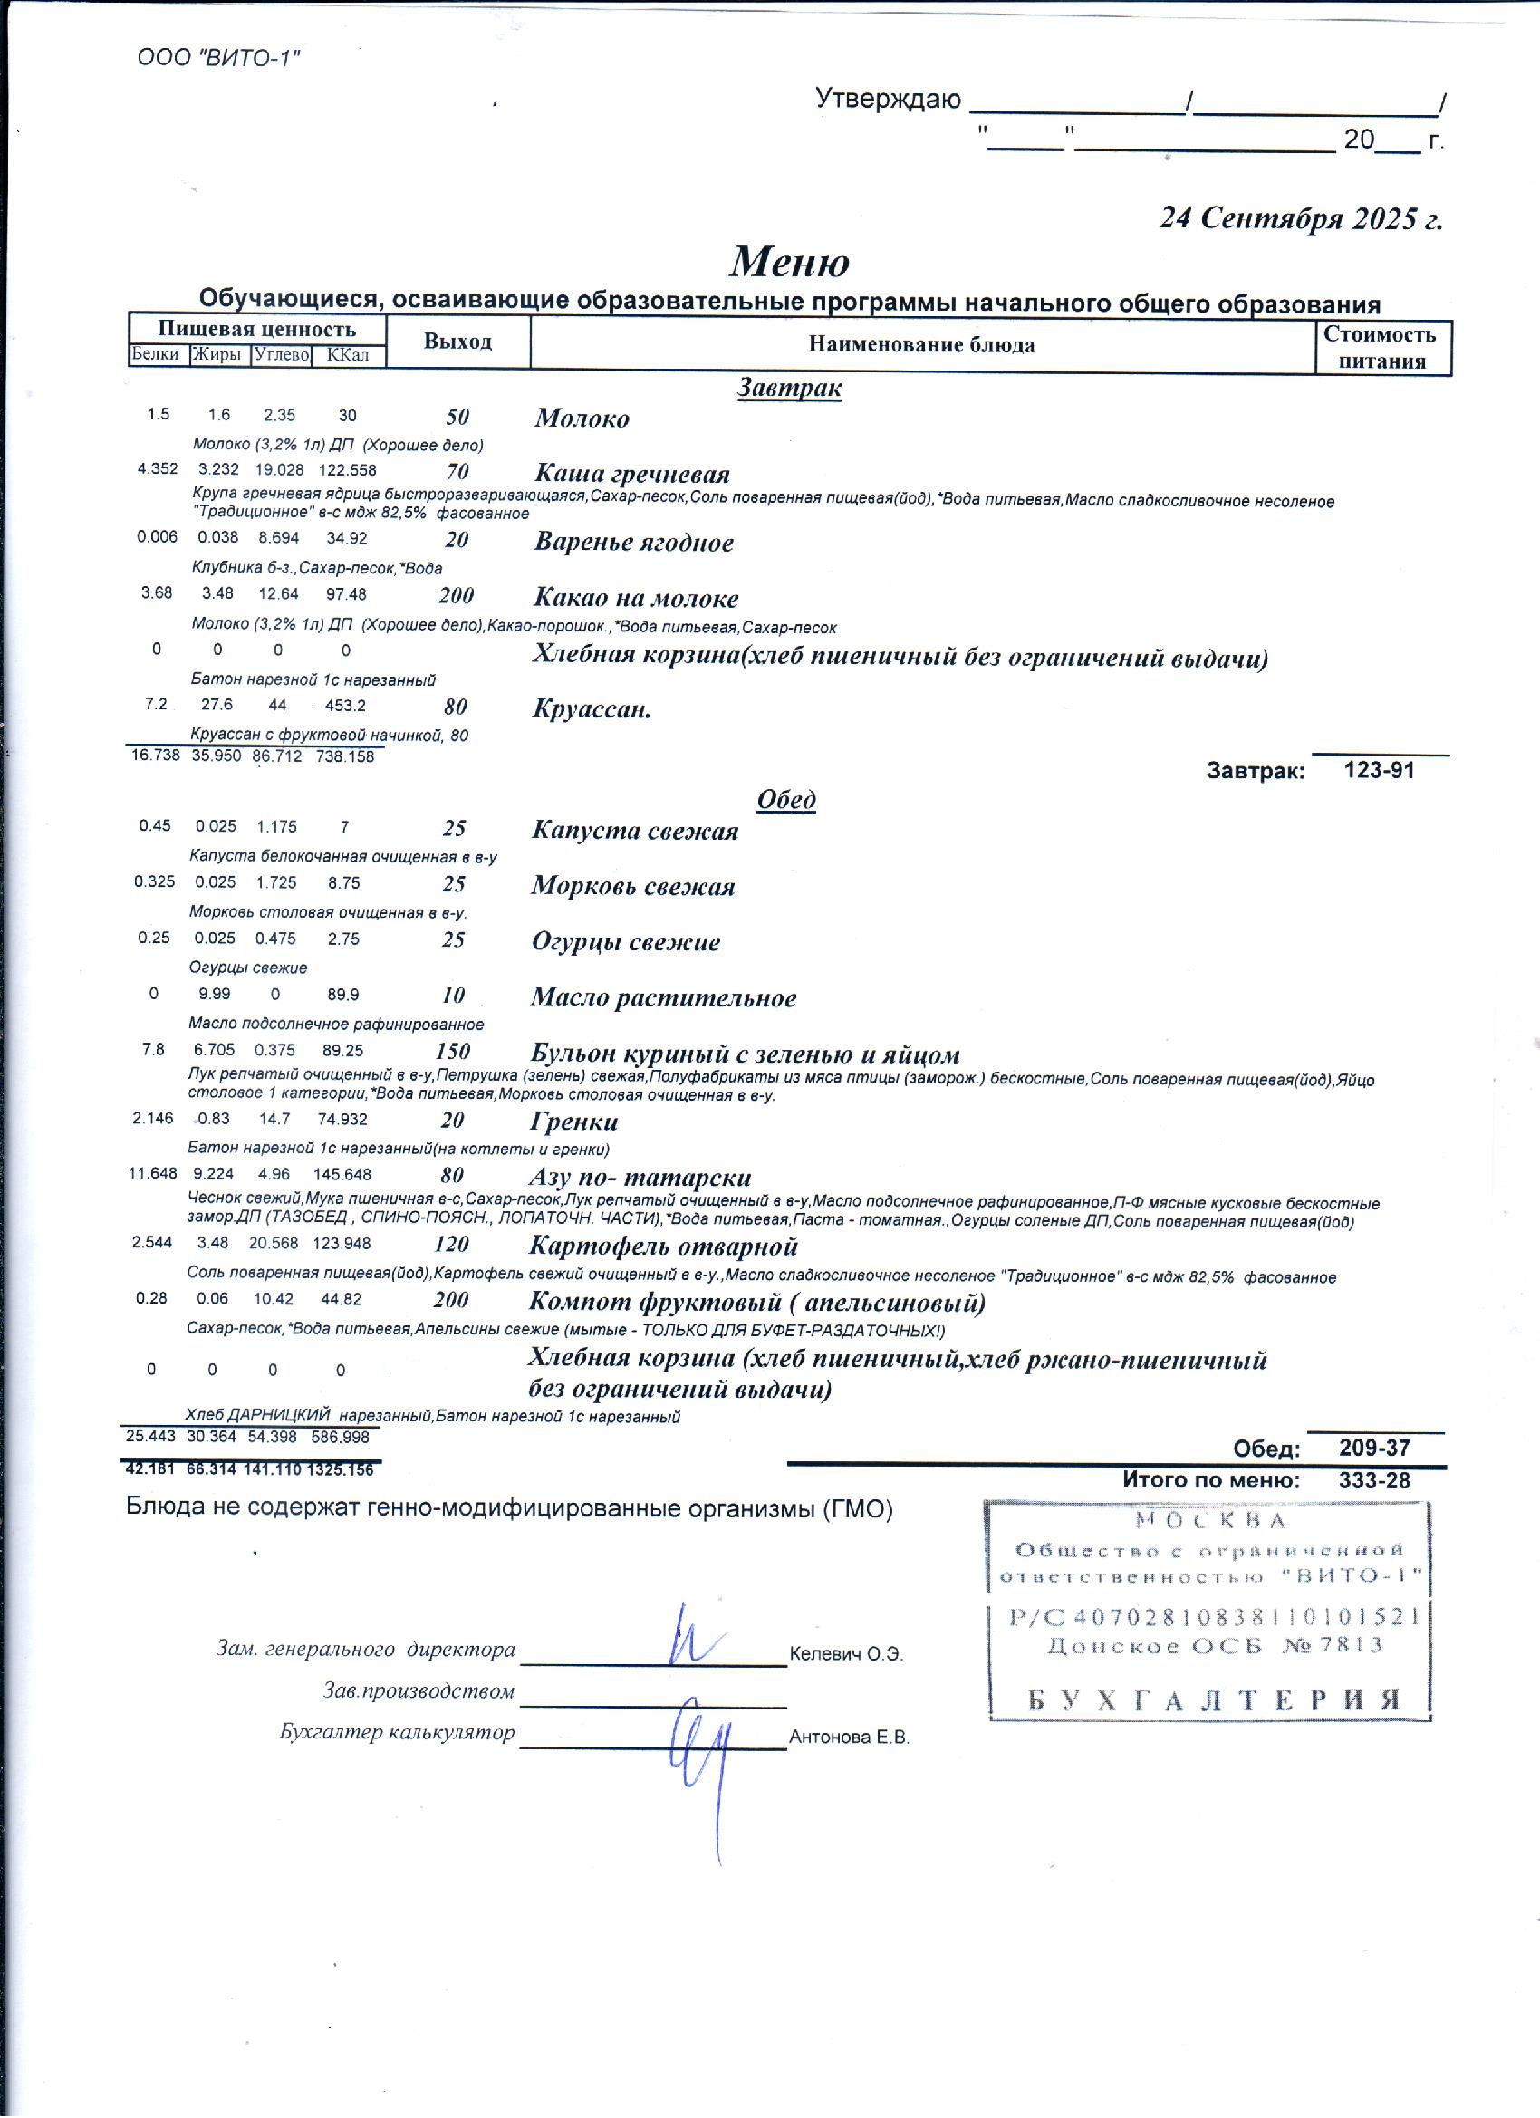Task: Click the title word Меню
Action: pos(789,262)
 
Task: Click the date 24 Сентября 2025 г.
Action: pos(1301,218)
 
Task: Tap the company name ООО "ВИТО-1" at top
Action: pos(218,58)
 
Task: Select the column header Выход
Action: pos(457,341)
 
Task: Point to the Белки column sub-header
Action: pos(156,354)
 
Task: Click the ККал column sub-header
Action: pos(348,355)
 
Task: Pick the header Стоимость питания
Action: pos(1381,347)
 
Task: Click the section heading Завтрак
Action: pos(789,388)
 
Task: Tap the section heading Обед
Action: pos(786,799)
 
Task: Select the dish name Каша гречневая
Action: pos(632,474)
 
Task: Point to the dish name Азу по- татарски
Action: pos(640,1177)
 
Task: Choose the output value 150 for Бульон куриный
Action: pos(453,1052)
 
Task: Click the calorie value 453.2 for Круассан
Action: pos(345,706)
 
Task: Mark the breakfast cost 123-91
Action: pos(1379,770)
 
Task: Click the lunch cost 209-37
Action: pos(1373,1449)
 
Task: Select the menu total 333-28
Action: pos(1373,1480)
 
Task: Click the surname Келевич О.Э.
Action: pos(846,1655)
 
